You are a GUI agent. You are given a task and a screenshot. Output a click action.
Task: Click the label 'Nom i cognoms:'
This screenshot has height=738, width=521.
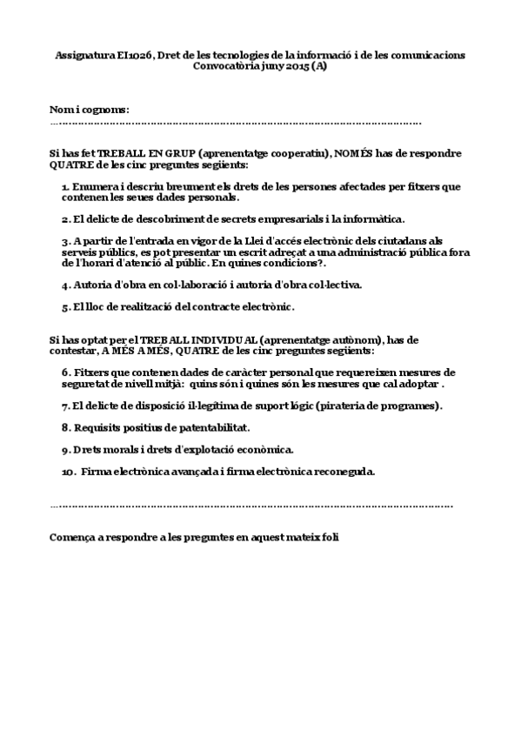90,110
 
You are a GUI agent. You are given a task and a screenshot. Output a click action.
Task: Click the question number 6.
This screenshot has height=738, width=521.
66,372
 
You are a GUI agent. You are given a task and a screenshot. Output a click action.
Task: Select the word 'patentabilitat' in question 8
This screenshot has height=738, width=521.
211,427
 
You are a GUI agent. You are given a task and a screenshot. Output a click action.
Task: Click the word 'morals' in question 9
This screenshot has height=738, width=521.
123,449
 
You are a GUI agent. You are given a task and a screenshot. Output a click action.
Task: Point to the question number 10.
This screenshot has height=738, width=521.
69,472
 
